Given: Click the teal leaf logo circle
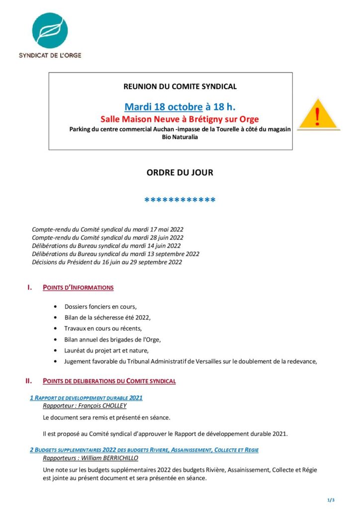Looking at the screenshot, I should pyautogui.click(x=50, y=31).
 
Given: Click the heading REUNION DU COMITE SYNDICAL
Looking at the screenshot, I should pyautogui.click(x=180, y=86).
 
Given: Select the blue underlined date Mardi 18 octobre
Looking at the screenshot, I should pyautogui.click(x=163, y=107).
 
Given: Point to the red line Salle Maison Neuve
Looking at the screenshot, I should pyautogui.click(x=180, y=119).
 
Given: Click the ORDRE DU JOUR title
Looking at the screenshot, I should pyautogui.click(x=180, y=173).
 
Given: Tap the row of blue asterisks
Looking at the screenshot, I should pyautogui.click(x=180, y=201).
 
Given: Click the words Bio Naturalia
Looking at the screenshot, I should pyautogui.click(x=180, y=137).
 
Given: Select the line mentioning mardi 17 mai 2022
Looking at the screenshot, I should pyautogui.click(x=108, y=229).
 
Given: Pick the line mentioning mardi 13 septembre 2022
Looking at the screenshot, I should pyautogui.click(x=115, y=254).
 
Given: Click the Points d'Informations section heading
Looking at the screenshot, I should pyautogui.click(x=78, y=287).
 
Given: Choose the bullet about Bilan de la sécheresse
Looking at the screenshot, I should pyautogui.click(x=107, y=317).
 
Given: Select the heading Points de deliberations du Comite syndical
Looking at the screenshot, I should pyautogui.click(x=109, y=381).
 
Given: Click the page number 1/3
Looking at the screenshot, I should pyautogui.click(x=331, y=500).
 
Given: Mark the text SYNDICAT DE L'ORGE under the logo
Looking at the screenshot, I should pyautogui.click(x=50, y=55).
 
